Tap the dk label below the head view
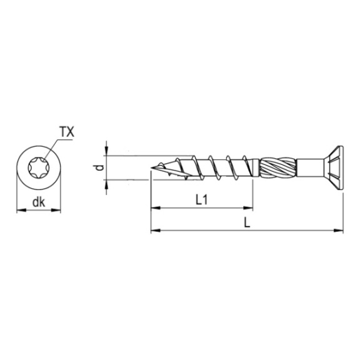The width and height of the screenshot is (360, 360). [x=39, y=202]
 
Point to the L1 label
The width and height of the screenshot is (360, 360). [x=201, y=200]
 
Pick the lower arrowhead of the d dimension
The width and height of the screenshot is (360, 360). [x=106, y=184]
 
